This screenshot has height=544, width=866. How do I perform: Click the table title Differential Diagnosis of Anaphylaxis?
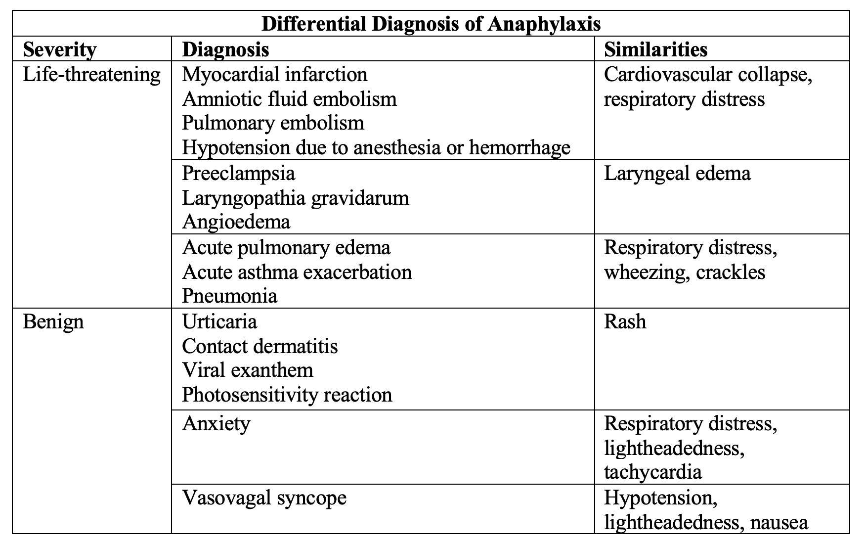(x=431, y=24)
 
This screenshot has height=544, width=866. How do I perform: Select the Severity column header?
(x=60, y=49)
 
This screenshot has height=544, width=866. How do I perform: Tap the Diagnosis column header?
(x=226, y=49)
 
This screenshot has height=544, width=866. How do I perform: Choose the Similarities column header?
(x=655, y=49)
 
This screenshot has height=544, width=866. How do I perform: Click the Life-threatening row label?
(x=92, y=74)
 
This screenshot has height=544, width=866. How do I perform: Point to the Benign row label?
(x=53, y=322)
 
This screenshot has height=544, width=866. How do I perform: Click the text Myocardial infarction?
(x=275, y=74)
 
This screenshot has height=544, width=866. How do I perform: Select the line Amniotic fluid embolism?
(x=289, y=99)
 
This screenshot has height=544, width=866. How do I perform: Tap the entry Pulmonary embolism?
(x=273, y=123)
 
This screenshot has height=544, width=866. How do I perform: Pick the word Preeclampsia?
(x=238, y=174)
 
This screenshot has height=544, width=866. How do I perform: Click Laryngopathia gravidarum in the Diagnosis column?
(x=296, y=198)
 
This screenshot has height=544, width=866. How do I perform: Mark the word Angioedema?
(x=236, y=222)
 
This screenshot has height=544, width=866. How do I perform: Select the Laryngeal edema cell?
(x=677, y=174)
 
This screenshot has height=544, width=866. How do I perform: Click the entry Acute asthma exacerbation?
(x=297, y=272)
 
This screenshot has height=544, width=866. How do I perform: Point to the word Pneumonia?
(x=230, y=296)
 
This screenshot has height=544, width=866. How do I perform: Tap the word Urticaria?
(x=219, y=321)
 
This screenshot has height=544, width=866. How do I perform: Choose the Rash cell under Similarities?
(x=625, y=321)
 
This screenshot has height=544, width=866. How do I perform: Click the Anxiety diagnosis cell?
(x=216, y=424)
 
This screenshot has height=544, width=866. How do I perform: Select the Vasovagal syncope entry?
(x=264, y=498)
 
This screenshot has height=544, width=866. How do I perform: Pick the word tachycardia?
(x=652, y=472)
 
